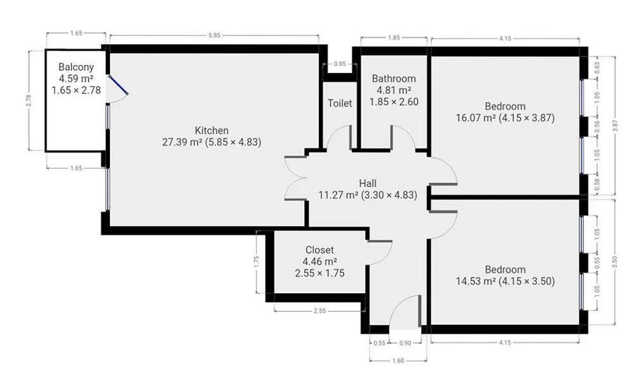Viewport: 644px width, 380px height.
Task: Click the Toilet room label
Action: [340, 103]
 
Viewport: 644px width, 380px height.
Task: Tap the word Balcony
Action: [76, 67]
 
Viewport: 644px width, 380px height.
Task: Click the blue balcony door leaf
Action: [118, 85]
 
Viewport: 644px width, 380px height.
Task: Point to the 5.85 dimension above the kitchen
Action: [214, 35]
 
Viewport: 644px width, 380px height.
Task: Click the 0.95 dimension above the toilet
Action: [340, 64]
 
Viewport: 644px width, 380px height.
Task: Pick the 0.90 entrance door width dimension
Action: [405, 343]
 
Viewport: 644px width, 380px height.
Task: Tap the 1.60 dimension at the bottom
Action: [398, 360]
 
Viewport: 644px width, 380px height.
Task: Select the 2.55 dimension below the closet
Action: [319, 311]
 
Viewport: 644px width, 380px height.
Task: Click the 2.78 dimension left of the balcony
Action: [28, 100]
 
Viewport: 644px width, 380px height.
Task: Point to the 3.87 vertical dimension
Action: [615, 125]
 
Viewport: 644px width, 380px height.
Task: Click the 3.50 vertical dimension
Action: [615, 262]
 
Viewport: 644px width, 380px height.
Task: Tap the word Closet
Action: [319, 250]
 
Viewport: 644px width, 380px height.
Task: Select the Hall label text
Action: [368, 184]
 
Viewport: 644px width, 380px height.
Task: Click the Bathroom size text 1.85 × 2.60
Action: [394, 102]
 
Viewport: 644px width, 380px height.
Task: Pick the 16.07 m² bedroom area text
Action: [475, 118]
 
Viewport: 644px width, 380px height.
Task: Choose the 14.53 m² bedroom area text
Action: [475, 281]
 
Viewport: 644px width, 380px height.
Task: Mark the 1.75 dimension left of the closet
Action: [257, 262]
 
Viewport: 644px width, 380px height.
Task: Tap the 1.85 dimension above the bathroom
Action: [393, 38]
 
